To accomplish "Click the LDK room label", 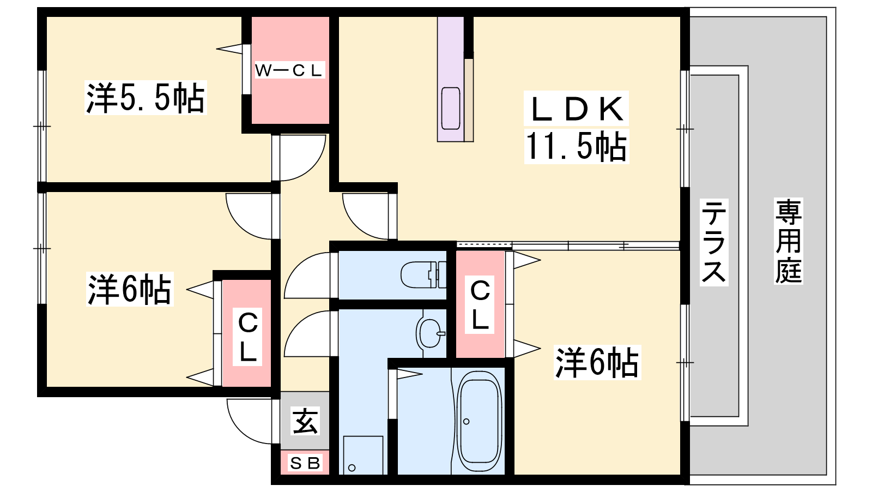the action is (x=576, y=109).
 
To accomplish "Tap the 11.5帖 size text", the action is (x=576, y=147).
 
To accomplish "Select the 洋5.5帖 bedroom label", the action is (x=145, y=98).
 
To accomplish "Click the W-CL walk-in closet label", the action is (x=288, y=70).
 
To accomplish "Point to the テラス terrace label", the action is (x=713, y=242).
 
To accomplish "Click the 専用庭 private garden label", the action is (x=788, y=241).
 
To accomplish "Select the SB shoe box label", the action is (x=305, y=463).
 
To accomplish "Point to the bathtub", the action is (x=479, y=422).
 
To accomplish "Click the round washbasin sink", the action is (x=431, y=333).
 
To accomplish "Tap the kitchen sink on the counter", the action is (x=451, y=108).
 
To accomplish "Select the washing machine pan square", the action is (x=363, y=455).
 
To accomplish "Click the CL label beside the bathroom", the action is (x=480, y=305).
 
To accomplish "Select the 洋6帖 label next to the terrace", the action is (x=597, y=362).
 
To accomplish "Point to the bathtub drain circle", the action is (x=467, y=421).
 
